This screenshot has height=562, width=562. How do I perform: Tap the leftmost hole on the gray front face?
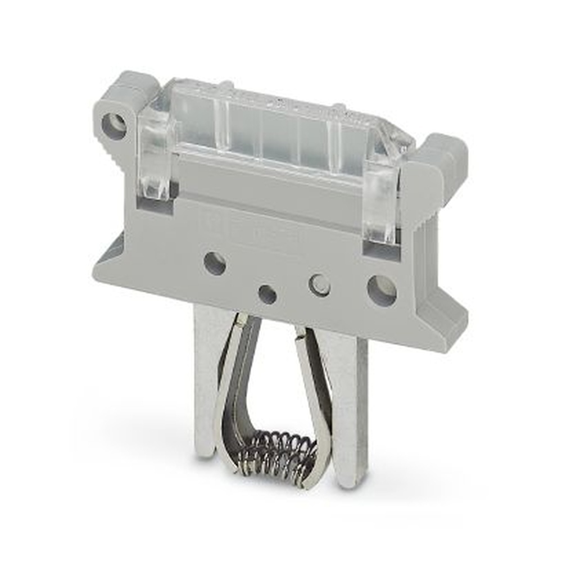(215, 264)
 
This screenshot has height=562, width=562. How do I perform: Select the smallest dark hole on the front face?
(268, 294)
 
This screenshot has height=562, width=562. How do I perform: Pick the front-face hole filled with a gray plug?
(319, 285)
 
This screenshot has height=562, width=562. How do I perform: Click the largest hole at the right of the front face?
(382, 291)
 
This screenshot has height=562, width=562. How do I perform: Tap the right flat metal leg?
(352, 405)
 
